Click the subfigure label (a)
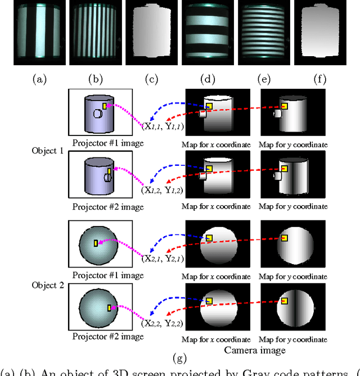39,79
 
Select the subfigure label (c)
151,79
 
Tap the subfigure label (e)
264,79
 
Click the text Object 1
48,151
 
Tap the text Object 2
48,286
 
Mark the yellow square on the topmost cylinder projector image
105,106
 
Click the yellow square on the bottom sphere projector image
109,307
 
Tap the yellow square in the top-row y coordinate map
285,106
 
